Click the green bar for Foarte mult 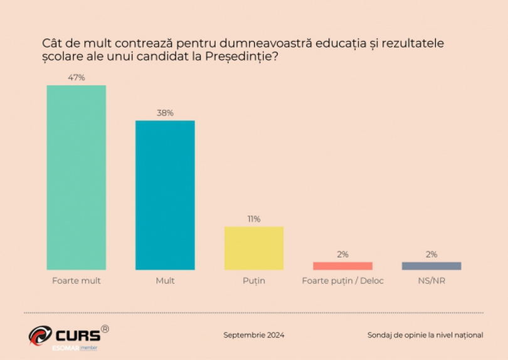pos(77,177)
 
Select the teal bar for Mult pos(165,195)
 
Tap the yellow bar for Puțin pos(254,248)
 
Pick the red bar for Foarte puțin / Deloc pos(342,266)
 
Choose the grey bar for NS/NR pos(431,266)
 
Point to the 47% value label pos(77,77)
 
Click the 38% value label pos(165,113)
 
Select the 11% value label pos(254,219)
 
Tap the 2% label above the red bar pos(342,255)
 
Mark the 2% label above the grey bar pos(431,255)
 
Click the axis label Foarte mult pos(77,281)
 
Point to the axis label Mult pos(165,281)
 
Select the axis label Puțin pos(254,281)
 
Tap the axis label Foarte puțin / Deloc pos(342,281)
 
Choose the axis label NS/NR pos(431,281)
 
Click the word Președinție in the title pos(241,56)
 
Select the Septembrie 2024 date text pos(254,335)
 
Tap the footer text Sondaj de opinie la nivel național pos(425,335)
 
